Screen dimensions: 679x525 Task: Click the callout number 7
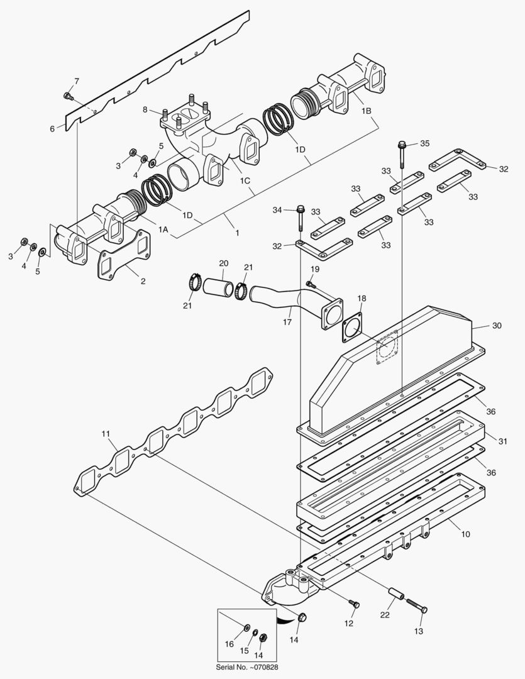[77, 81]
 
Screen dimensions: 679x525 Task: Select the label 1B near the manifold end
[367, 110]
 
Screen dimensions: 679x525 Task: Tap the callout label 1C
[245, 181]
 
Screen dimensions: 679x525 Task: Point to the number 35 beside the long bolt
[424, 143]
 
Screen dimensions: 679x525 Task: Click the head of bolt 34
[301, 209]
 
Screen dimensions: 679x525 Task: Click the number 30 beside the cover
[497, 326]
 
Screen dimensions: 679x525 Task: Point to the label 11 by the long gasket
[105, 434]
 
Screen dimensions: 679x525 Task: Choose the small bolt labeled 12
[355, 604]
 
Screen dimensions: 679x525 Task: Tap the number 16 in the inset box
[229, 644]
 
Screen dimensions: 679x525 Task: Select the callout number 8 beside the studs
[145, 110]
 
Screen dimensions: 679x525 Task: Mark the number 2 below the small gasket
[143, 281]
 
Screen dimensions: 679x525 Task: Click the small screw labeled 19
[309, 284]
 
